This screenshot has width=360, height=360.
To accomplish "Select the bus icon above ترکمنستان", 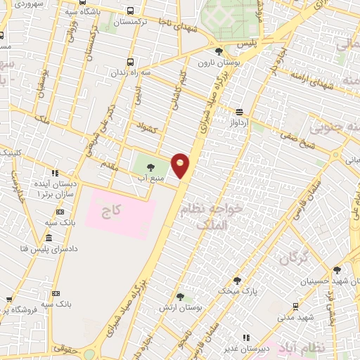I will point(131,11).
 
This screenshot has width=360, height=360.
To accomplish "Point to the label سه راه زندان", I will point(132,72).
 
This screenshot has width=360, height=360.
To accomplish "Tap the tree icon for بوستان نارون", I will point(219,51).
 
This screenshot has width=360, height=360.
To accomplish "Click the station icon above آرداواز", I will point(240,112).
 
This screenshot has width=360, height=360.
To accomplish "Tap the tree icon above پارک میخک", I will point(237,280).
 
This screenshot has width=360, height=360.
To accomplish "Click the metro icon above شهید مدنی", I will point(295,306).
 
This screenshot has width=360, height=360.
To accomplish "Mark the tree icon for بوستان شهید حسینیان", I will point(337,270).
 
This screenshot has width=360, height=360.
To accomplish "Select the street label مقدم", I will point(112,164).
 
